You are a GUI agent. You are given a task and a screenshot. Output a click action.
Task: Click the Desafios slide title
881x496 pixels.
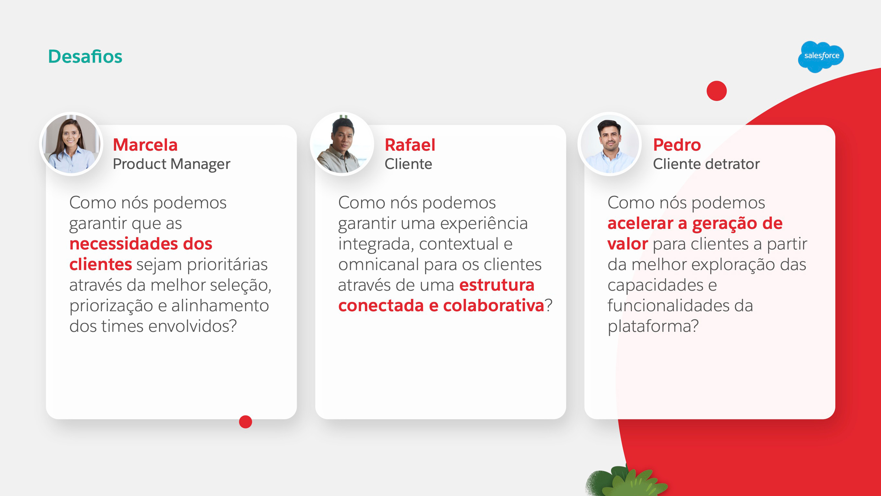tap(85, 56)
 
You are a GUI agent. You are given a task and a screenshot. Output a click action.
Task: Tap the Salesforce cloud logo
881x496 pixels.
tap(821, 56)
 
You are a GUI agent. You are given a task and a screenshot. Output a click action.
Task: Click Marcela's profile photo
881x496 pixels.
tap(71, 144)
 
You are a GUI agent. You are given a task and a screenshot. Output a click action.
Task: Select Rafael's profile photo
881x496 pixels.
tap(342, 144)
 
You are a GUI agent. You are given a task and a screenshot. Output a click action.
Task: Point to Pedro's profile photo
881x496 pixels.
tap(610, 144)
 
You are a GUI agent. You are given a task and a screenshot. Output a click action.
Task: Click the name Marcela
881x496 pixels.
tap(145, 145)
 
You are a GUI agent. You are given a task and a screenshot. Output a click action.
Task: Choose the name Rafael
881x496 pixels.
tap(410, 145)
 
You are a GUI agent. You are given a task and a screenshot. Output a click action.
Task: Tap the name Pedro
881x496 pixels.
tap(677, 145)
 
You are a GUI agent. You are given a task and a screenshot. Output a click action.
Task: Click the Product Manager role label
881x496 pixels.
tap(172, 164)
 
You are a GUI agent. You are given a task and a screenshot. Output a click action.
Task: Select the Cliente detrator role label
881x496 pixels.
tap(706, 164)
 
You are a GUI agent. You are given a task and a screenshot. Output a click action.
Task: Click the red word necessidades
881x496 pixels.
tap(124, 244)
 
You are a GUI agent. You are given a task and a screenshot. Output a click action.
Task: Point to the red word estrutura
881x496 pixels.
tap(497, 285)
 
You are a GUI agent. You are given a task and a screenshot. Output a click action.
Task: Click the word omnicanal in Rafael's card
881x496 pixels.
tap(379, 265)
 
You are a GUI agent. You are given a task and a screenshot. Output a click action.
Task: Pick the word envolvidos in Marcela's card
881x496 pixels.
tap(192, 326)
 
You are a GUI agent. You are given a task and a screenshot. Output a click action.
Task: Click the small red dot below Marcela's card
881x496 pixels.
tap(246, 422)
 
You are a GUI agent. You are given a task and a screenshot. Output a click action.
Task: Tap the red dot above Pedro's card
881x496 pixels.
tap(716, 91)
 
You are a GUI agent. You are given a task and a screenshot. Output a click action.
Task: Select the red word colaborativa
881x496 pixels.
tap(494, 306)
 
